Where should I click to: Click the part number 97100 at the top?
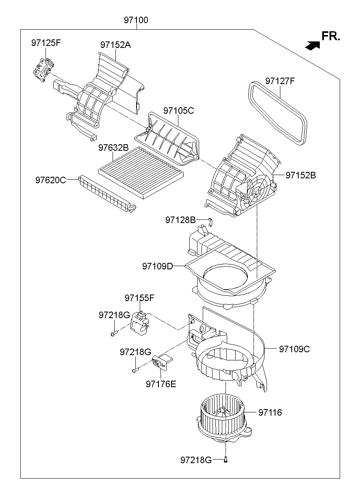click(136, 20)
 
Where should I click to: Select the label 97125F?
click(46, 43)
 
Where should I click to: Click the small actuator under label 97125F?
click(43, 69)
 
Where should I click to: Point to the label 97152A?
click(115, 45)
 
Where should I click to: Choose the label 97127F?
click(280, 81)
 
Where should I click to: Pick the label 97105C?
click(179, 110)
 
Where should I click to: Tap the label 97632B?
click(113, 148)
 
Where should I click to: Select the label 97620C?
click(50, 179)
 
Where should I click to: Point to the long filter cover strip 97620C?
click(107, 193)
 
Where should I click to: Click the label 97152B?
click(301, 175)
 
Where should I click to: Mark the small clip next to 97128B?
click(210, 221)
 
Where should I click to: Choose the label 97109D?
click(158, 266)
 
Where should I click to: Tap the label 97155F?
click(139, 298)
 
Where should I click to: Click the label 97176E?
click(161, 384)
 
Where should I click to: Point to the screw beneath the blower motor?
click(226, 460)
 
